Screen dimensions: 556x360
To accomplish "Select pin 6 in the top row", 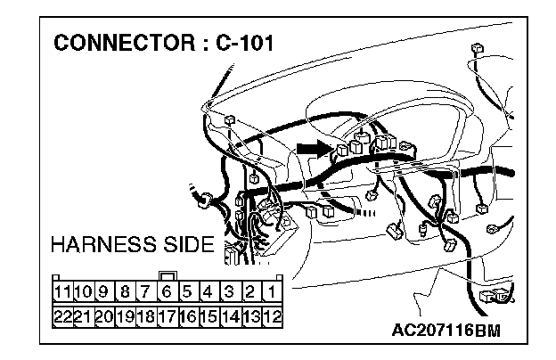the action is pos(167,291).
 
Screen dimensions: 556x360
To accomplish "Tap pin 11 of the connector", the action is pos(61,291).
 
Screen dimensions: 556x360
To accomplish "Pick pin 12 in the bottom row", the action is pos(273,315).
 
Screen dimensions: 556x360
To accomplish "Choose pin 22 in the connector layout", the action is pos(61,315).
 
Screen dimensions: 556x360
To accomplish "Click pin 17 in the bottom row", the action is pos(167,315).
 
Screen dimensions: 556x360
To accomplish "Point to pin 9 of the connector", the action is pos(103,291).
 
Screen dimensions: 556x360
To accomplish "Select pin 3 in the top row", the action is pos(230,291).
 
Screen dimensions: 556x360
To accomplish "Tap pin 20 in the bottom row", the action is pos(103,315).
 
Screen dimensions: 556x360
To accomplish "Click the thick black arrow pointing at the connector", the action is pos(313,149).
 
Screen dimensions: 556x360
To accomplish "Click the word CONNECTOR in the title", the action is pos(114,43).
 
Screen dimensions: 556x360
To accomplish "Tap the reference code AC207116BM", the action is pos(446,331).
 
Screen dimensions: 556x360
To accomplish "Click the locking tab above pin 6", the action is pos(167,275).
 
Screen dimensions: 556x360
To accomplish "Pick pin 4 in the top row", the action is pos(208,291).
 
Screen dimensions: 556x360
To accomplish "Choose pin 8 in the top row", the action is pos(125,291).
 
